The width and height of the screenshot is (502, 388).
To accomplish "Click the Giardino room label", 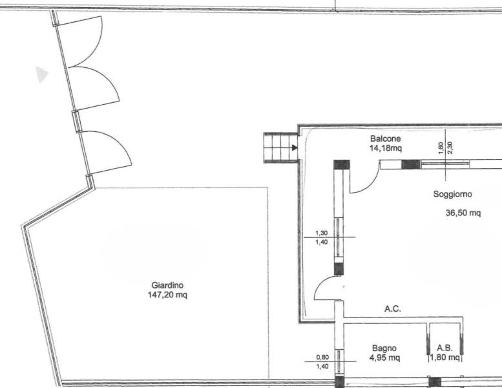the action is [167, 285].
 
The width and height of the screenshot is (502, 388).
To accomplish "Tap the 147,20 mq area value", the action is [167, 294].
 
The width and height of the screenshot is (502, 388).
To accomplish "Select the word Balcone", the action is [385, 138].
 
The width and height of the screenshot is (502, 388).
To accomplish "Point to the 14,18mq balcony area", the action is [385, 148].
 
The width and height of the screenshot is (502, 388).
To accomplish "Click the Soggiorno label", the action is [452, 194].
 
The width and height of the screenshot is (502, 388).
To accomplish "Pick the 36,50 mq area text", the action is [463, 213].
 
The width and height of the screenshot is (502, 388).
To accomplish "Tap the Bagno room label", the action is [384, 348].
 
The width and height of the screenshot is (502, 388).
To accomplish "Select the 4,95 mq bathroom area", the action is [384, 357].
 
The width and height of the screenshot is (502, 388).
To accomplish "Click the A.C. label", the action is [393, 309].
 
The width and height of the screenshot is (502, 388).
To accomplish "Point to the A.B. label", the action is [444, 348].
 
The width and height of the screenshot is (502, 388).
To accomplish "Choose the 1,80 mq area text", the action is [444, 357].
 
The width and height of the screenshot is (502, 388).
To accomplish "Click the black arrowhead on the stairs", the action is [295, 147].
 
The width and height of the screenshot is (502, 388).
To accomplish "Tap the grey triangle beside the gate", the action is [41, 74].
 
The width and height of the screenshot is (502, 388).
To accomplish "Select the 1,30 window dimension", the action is [322, 233].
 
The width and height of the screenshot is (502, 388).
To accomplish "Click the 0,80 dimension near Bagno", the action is [322, 357].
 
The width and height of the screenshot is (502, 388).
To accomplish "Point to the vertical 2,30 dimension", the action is [450, 147].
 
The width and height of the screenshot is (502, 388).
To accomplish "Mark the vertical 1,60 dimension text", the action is [441, 147].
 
